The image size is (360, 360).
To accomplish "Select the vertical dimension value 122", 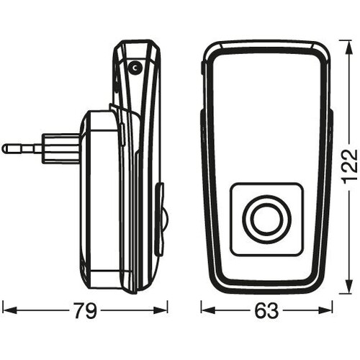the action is (351, 166).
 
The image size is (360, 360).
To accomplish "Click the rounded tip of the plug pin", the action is (5, 149).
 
